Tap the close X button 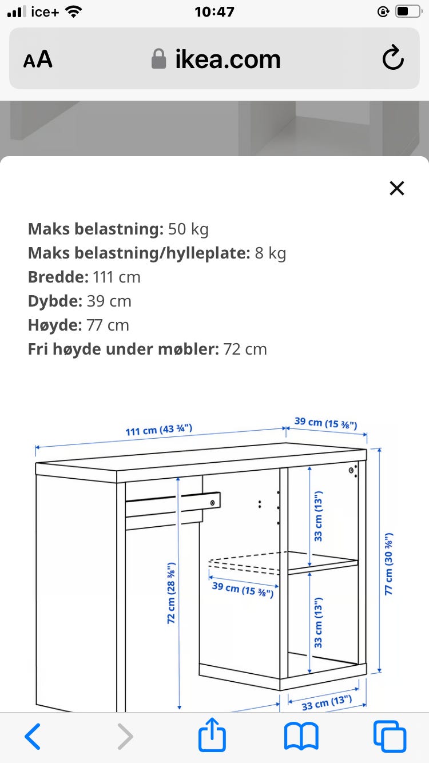pos(396,188)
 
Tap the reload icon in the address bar pos(393,59)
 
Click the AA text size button pos(38,59)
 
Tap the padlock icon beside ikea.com pos(158,59)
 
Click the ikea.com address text pos(228,59)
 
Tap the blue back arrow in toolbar pos(33,736)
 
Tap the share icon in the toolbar pos(212,736)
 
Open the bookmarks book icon pos(301,736)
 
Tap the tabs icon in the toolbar pos(390,736)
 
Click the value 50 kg pos(188,229)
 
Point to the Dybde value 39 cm pos(109,301)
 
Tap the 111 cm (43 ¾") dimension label pos(159,430)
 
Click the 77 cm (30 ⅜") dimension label pos(389,565)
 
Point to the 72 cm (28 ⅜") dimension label pos(172,593)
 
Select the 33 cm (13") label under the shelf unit pos(326,702)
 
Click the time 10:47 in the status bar pos(214,11)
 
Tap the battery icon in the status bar pos(408,11)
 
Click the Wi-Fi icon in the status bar pos(74,11)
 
